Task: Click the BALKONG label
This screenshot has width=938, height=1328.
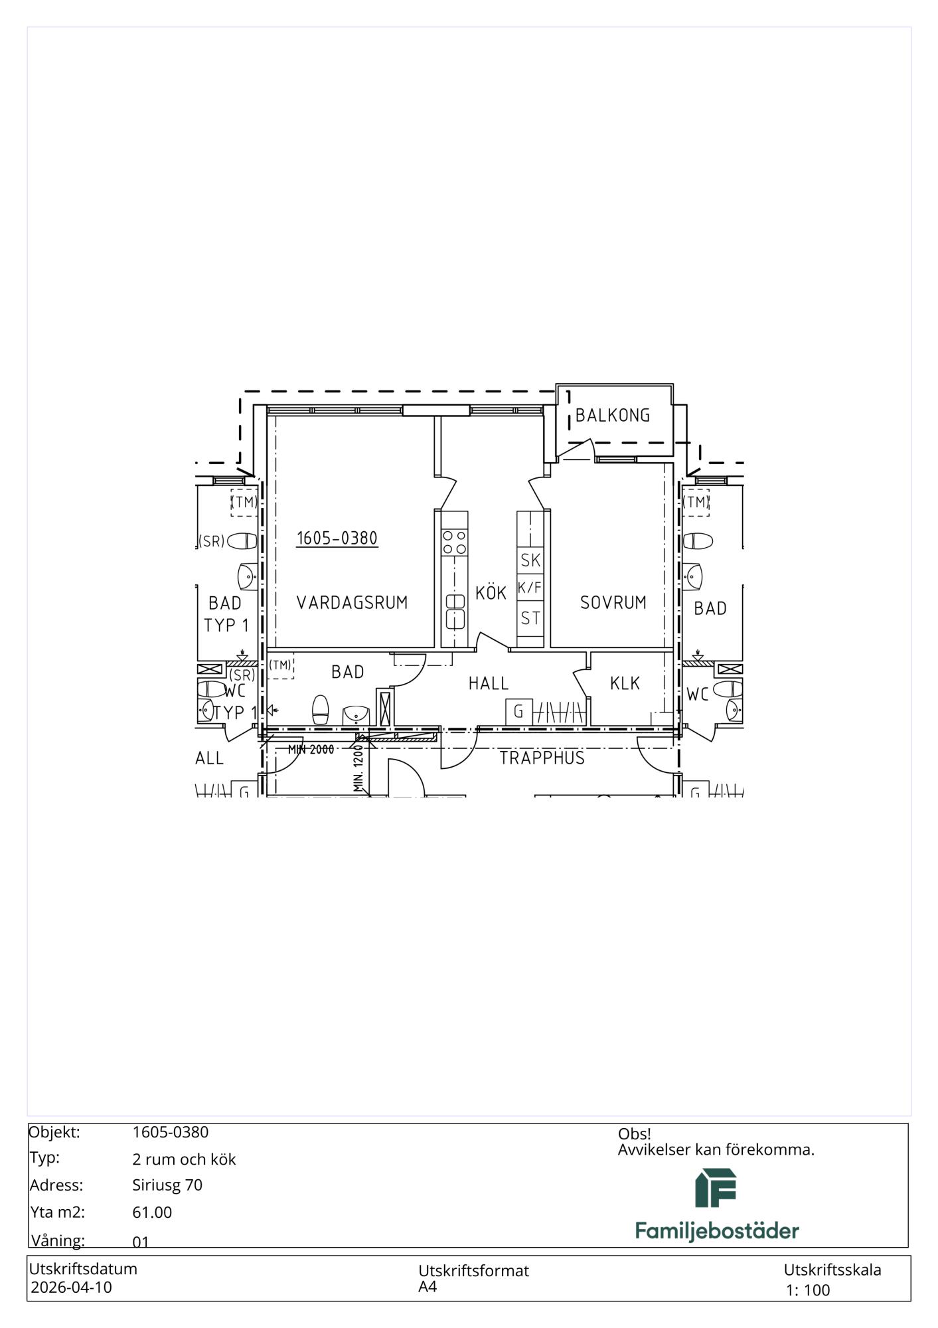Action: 612,416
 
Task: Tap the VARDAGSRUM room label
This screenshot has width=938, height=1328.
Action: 352,603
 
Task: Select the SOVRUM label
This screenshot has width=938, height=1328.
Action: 613,603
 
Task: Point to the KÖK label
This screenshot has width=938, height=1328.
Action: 491,592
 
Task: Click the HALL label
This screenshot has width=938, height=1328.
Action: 489,683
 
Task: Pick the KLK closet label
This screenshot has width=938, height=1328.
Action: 625,683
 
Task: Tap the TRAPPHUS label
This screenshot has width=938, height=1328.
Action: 542,758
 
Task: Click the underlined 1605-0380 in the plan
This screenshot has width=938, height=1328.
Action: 337,538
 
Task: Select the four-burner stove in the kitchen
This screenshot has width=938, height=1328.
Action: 455,542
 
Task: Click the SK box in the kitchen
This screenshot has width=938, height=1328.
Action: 530,560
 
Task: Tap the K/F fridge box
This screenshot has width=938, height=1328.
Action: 530,588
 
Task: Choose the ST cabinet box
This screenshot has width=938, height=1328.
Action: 530,619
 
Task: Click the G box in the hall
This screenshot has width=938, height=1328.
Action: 519,712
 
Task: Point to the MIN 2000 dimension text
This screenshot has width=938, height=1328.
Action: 311,750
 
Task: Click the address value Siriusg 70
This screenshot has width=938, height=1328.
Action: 167,1185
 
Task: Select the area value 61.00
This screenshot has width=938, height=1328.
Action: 152,1212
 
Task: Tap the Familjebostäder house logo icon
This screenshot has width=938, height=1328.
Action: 716,1189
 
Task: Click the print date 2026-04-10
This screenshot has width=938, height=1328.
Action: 72,1287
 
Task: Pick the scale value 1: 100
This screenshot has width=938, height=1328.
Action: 808,1290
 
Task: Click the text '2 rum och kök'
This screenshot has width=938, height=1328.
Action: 184,1159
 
